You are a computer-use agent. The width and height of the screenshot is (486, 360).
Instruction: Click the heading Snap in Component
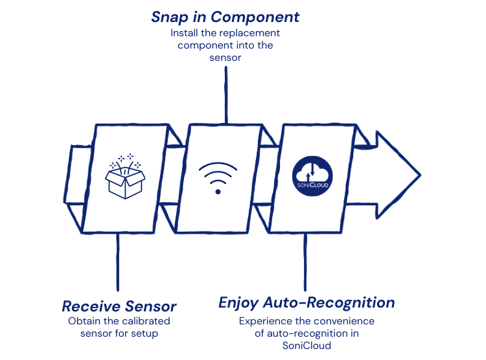[x=226, y=17]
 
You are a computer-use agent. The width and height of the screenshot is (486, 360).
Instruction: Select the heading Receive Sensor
[x=119, y=306]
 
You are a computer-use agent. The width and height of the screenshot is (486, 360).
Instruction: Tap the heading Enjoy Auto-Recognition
[x=307, y=302]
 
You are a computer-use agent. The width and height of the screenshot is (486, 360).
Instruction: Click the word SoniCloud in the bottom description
[x=307, y=345]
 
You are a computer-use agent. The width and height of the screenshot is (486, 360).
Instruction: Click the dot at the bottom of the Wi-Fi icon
[x=218, y=192]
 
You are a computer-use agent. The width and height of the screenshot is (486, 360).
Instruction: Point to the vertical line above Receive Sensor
[x=117, y=262]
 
